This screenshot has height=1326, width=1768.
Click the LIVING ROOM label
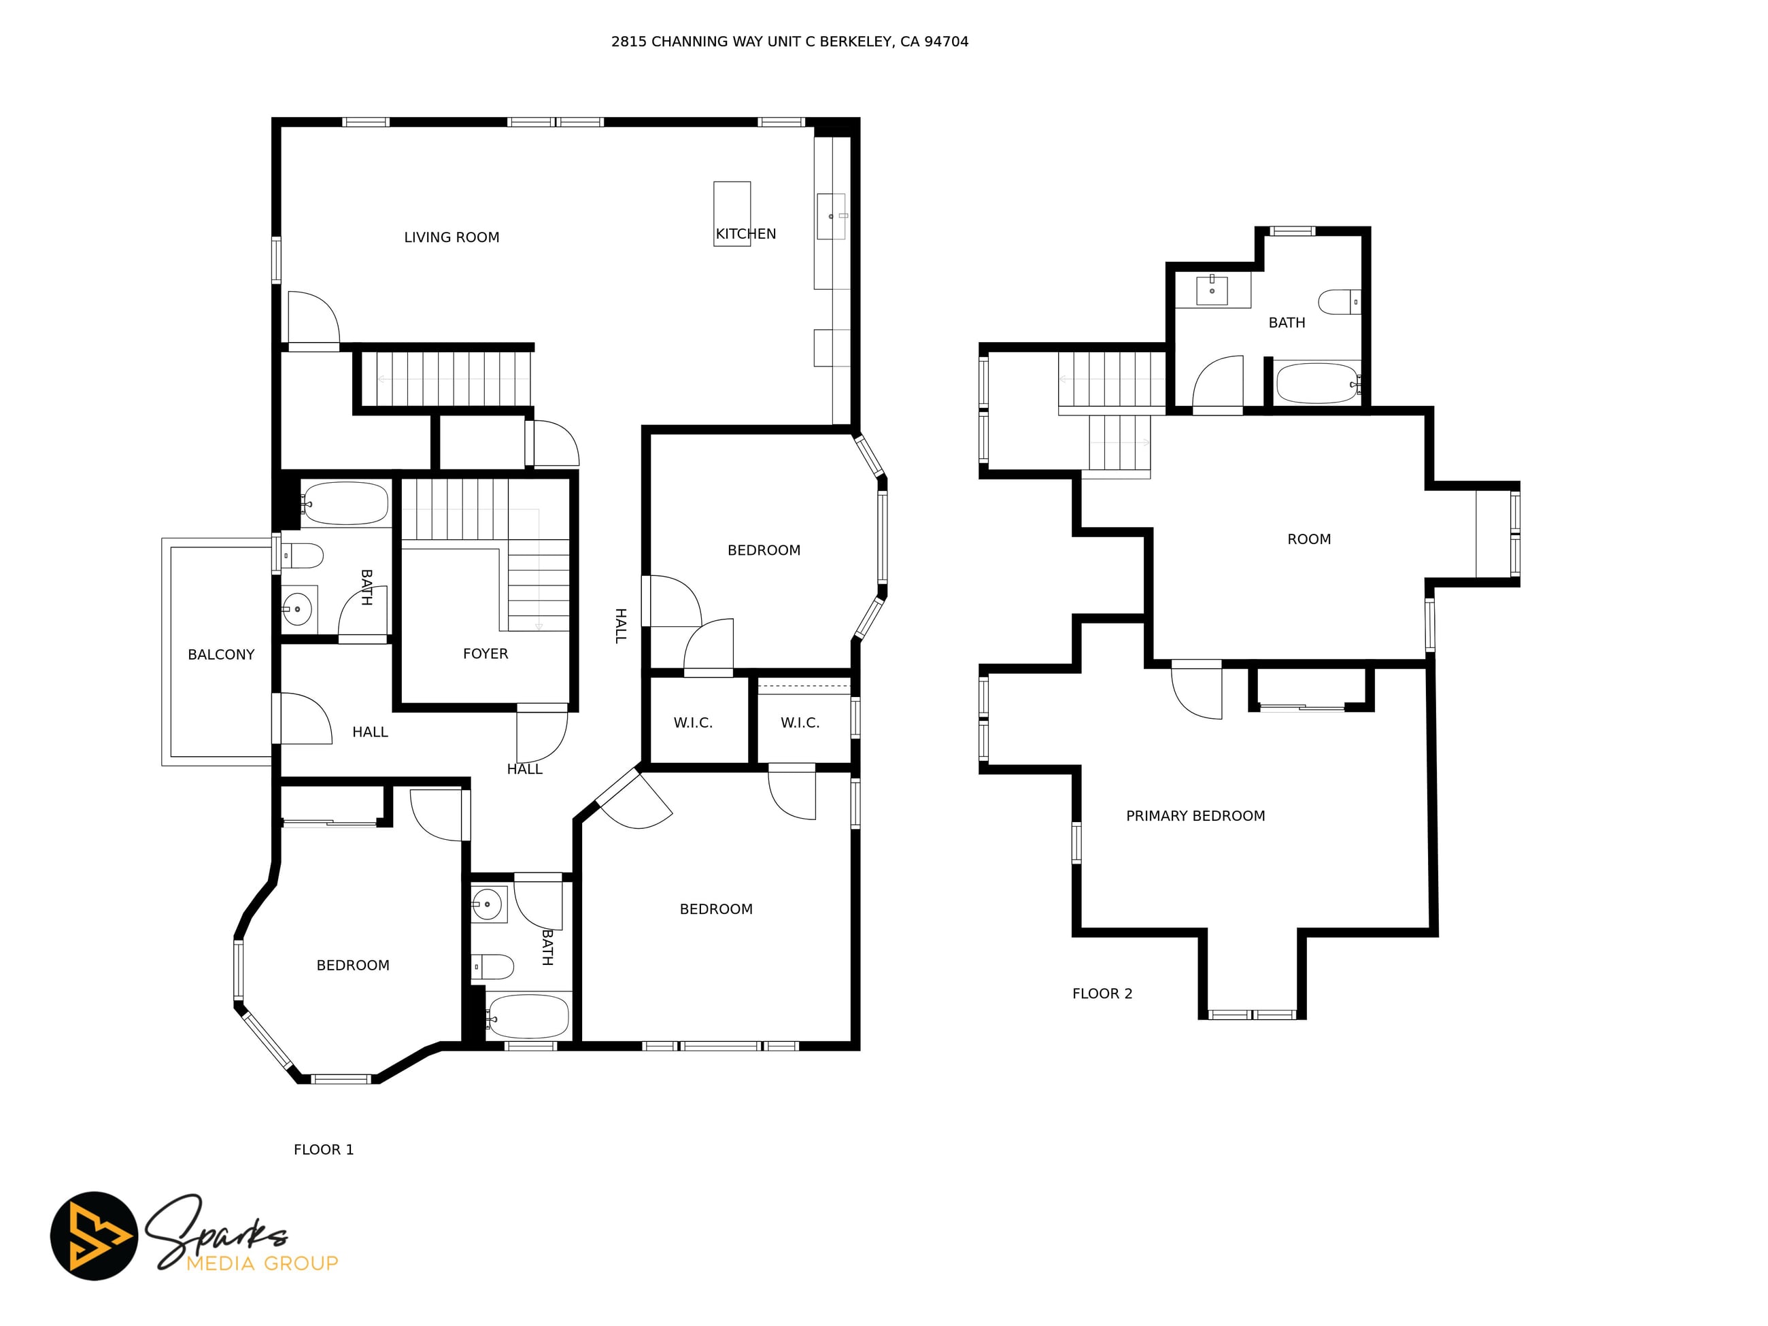point(452,237)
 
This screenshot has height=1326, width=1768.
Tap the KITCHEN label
point(746,234)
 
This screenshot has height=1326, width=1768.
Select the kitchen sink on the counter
point(831,216)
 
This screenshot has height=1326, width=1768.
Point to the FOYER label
point(485,653)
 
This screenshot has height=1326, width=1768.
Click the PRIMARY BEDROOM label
point(1195,816)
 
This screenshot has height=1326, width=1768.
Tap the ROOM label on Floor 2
point(1309,539)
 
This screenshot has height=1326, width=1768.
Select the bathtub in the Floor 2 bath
point(1318,384)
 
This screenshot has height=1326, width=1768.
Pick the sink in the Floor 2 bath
point(1212,289)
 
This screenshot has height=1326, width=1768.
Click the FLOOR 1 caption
point(324,1149)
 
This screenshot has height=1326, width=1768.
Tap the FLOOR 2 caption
point(1102,993)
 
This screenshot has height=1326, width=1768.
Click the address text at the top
point(789,41)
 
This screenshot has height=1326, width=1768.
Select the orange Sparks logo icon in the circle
point(95,1236)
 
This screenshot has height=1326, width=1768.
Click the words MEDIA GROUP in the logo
point(262,1263)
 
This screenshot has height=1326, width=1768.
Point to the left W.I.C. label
point(693,723)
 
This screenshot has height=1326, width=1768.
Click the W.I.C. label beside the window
point(800,723)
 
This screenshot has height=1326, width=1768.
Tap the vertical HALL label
point(620,625)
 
